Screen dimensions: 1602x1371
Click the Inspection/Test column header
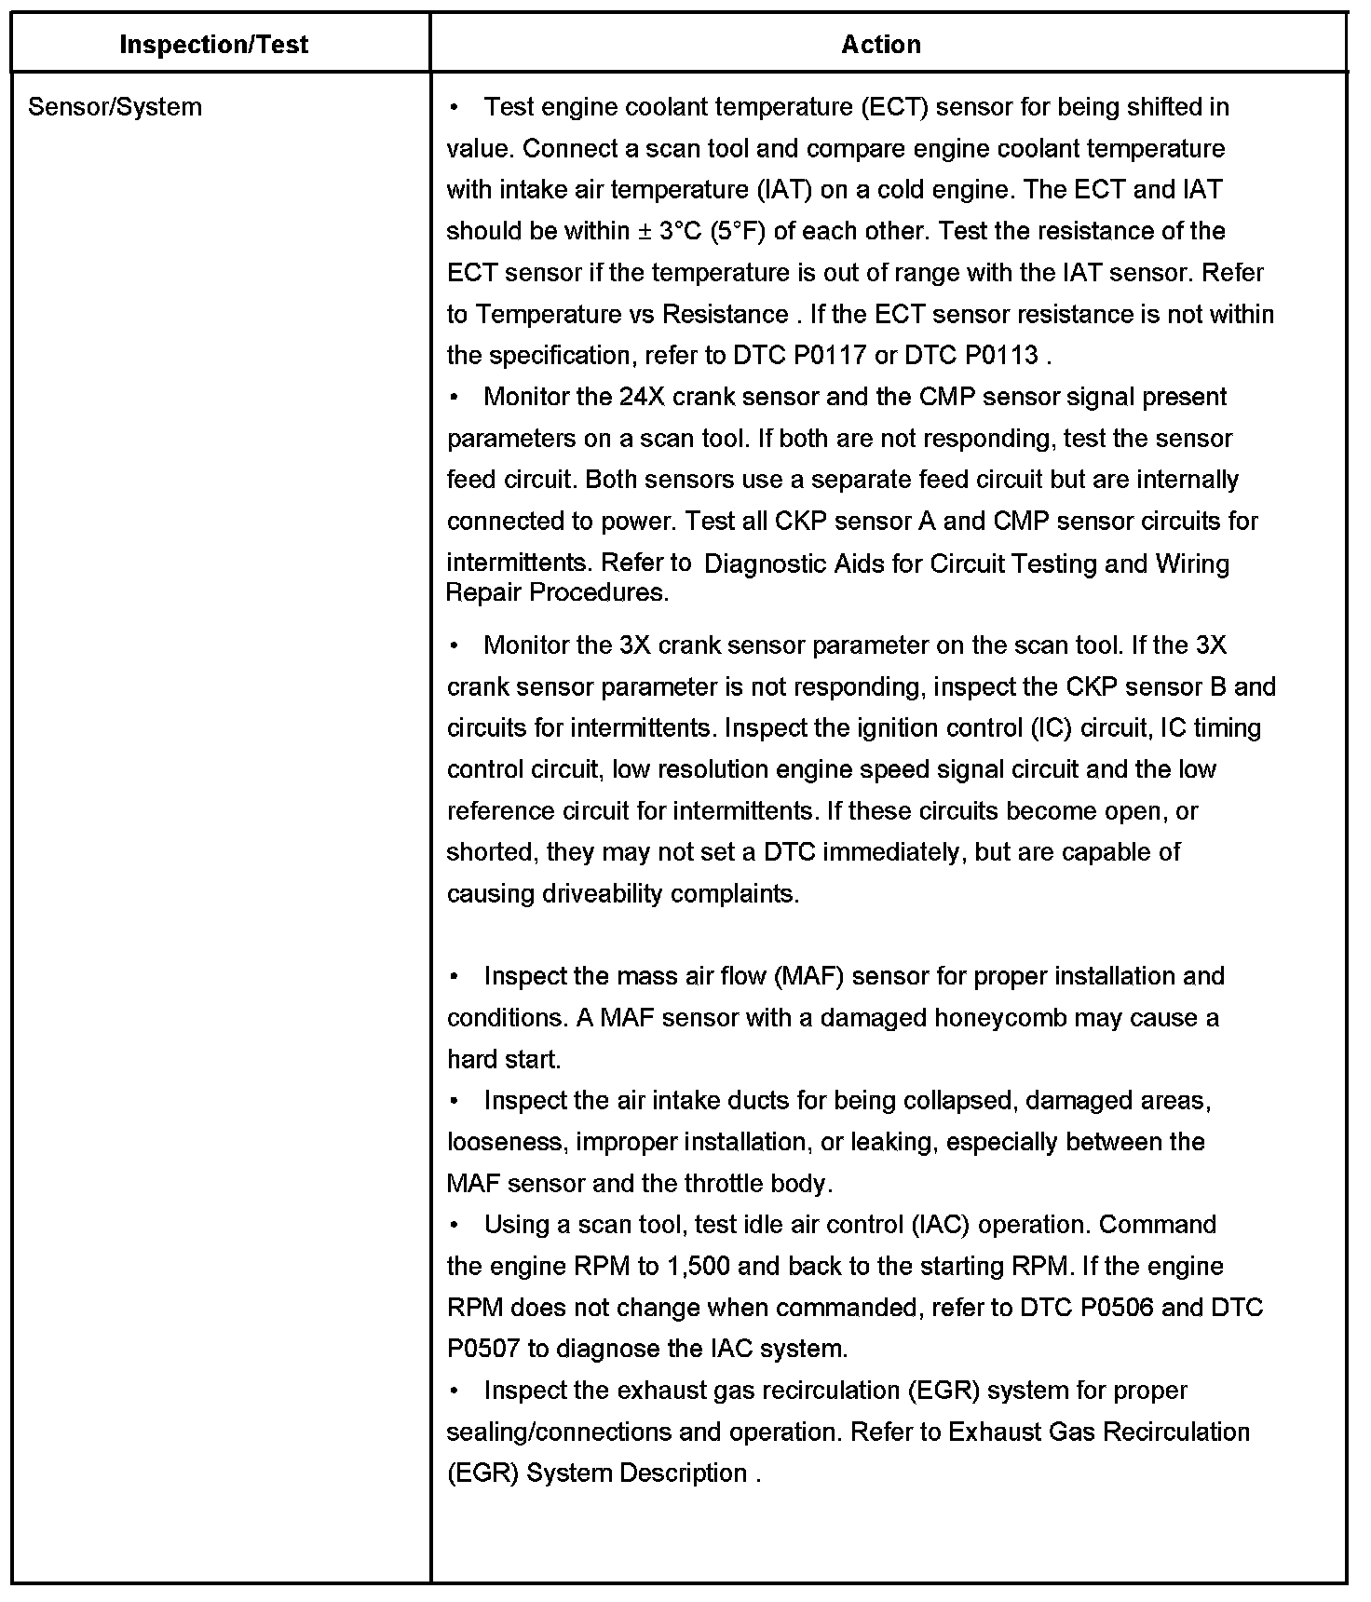214,45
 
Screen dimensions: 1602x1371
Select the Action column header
881,45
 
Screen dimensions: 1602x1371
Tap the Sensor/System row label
115,107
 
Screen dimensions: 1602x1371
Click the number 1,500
700,1267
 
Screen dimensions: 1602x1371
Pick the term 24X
642,397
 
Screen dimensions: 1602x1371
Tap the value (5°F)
738,231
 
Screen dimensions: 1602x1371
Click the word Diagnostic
765,564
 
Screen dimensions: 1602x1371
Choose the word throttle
724,1184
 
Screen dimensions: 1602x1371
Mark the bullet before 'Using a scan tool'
454,1225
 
